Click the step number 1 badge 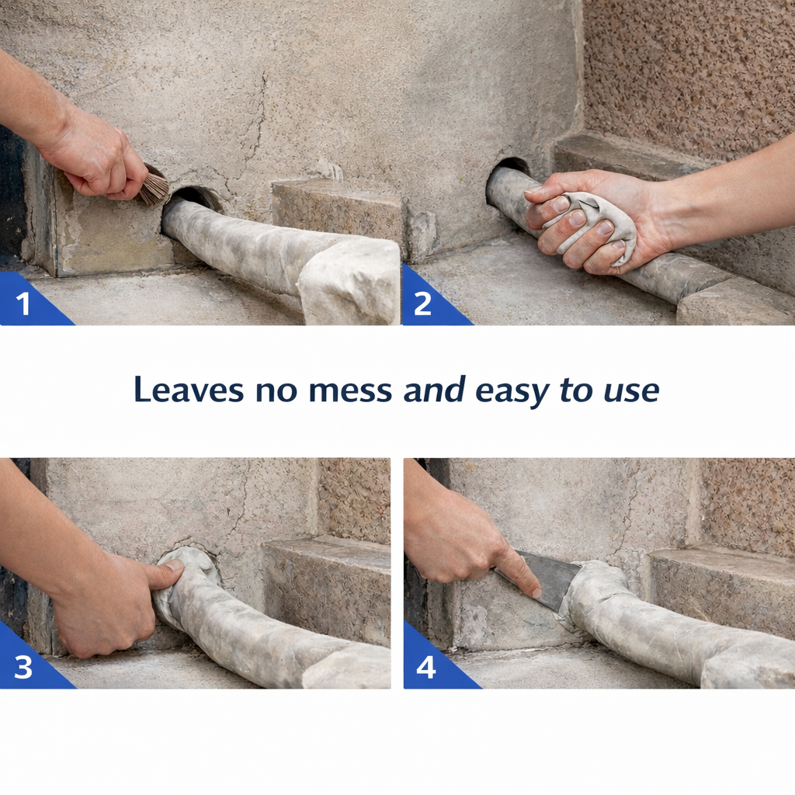click(x=23, y=304)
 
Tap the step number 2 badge click(x=422, y=304)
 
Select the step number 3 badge click(x=23, y=667)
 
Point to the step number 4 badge click(x=425, y=667)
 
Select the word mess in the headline click(x=350, y=389)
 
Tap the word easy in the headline click(x=509, y=389)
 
